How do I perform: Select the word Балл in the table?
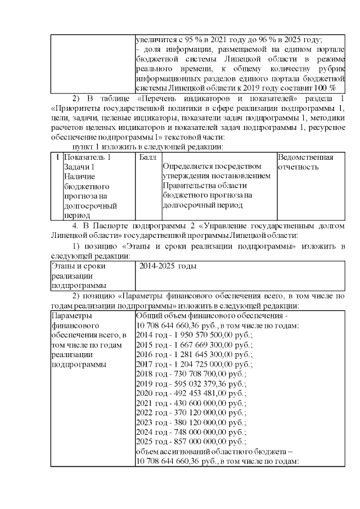click(147, 157)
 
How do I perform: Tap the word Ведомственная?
click(305, 157)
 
